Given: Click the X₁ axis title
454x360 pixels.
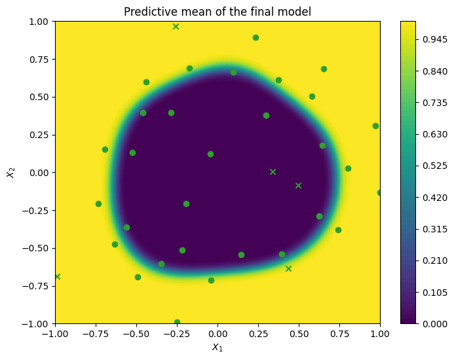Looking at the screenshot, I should (218, 347).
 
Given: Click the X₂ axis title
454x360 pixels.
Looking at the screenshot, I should (10, 172).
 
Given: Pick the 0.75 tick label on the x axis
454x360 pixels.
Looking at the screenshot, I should (339, 333).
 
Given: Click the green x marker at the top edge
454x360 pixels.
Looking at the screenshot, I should (176, 26).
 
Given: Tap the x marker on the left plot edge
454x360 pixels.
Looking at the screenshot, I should (57, 276).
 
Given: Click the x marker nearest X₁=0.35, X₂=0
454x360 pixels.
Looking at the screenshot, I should (273, 171).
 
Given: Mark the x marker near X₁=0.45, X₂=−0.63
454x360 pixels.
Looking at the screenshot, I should (288, 268).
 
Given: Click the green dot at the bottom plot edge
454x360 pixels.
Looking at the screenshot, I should (177, 322).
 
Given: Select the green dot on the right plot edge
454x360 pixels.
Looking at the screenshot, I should (379, 192).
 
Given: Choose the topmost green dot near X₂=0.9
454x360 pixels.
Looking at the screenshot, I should (255, 37).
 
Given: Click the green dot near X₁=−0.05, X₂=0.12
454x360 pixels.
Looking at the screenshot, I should (210, 154).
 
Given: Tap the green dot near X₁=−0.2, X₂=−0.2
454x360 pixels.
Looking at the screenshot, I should (186, 204).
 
